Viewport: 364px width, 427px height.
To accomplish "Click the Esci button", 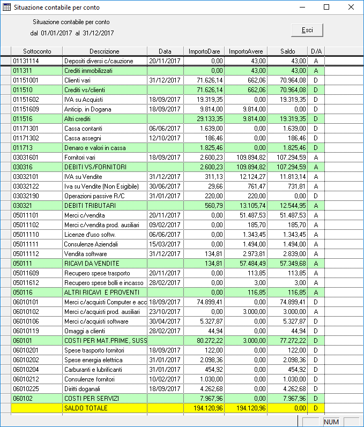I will point(307,30).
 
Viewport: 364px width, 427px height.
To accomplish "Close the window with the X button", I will point(351,8).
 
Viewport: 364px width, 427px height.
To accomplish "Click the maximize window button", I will point(326,8).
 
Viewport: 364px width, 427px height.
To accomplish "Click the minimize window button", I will point(301,8).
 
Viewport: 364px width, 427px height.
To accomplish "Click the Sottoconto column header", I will point(36,51).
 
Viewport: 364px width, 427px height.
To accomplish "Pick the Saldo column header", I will point(288,51).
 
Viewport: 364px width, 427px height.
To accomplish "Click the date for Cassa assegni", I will point(166,138).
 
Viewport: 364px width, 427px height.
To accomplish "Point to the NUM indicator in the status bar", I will point(331,422).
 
